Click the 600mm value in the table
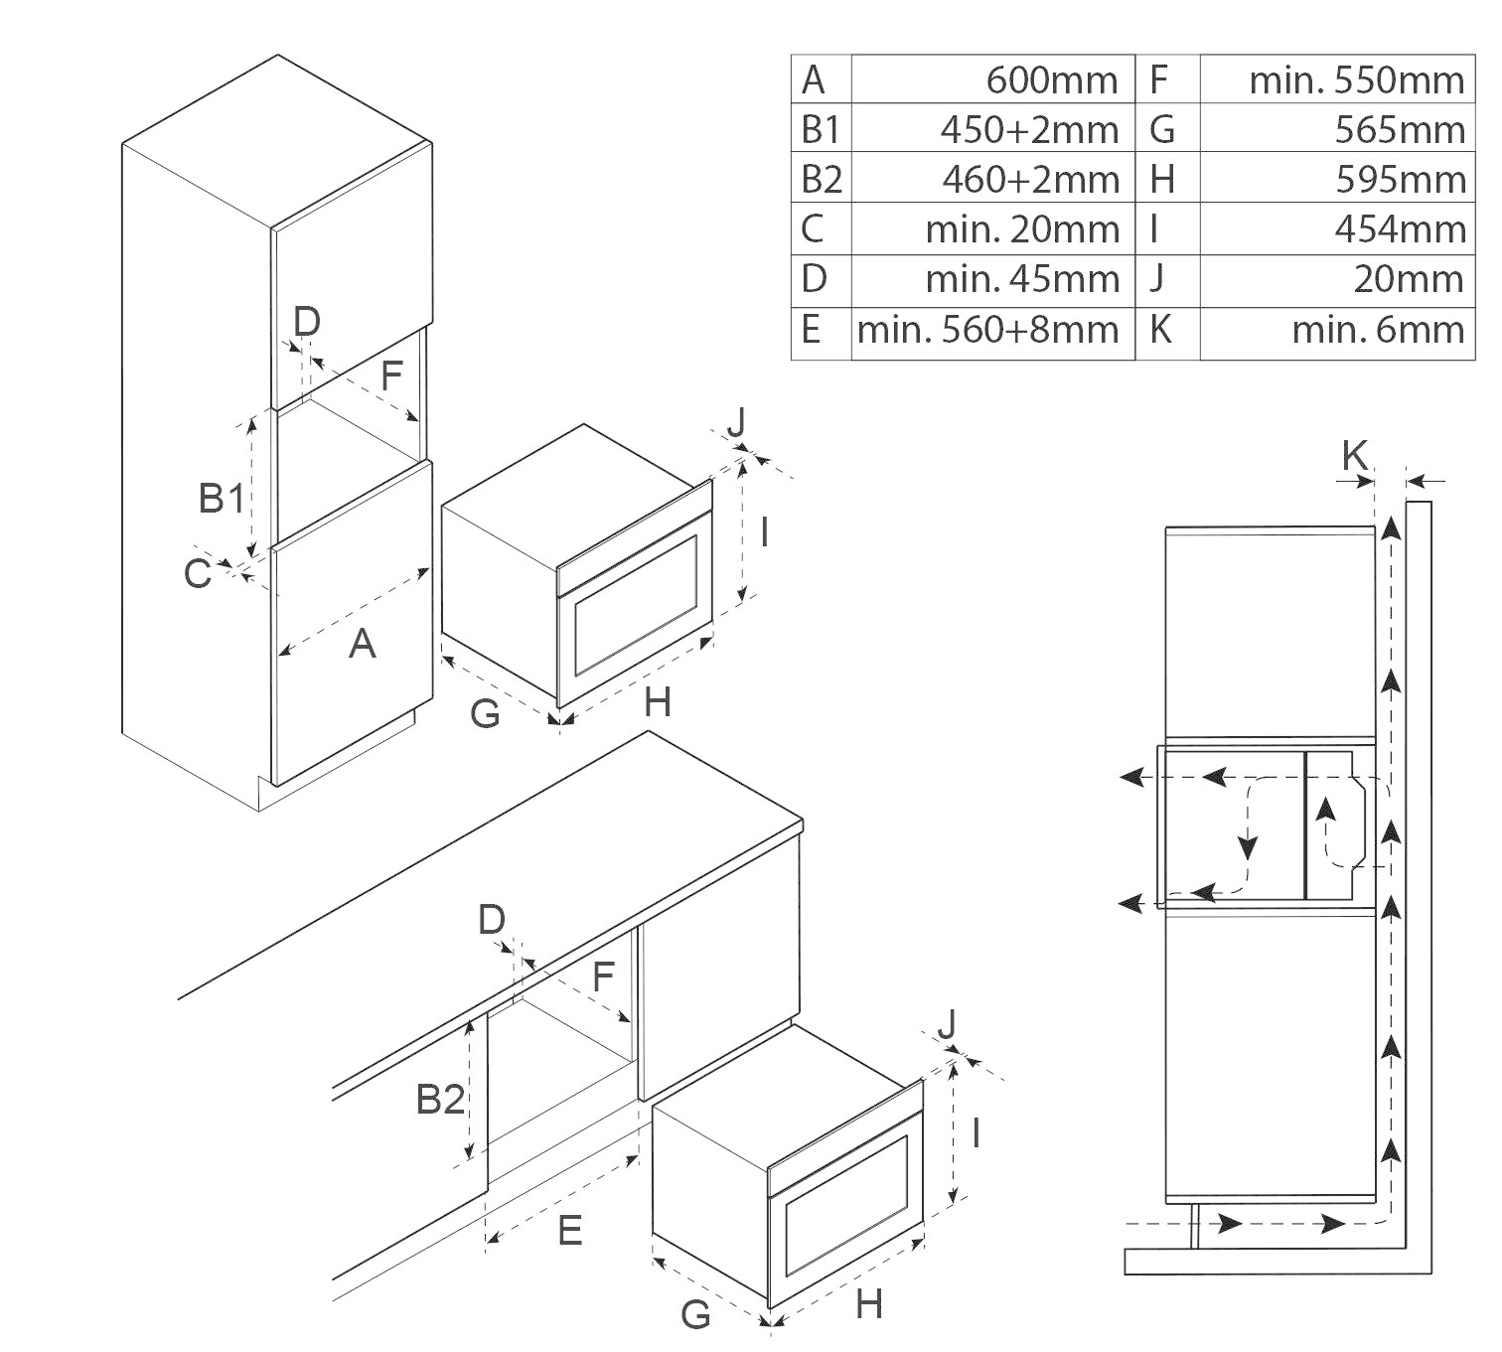coord(1051,79)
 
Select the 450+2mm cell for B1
coord(1029,129)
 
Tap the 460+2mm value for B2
coord(1029,179)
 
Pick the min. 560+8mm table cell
coord(988,329)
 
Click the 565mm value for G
coord(1400,129)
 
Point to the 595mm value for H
coord(1400,179)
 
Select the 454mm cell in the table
coord(1400,229)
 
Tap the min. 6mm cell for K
coord(1378,329)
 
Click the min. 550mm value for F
coord(1356,79)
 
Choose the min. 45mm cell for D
coord(1022,279)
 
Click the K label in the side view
coord(1354,456)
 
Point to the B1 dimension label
coord(222,498)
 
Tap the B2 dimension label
coord(440,1099)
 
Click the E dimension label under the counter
coord(569,1231)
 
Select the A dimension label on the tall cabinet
coord(363,645)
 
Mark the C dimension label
coord(198,574)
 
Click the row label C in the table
coord(813,229)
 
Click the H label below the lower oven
coord(868,1304)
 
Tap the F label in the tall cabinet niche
coord(391,376)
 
